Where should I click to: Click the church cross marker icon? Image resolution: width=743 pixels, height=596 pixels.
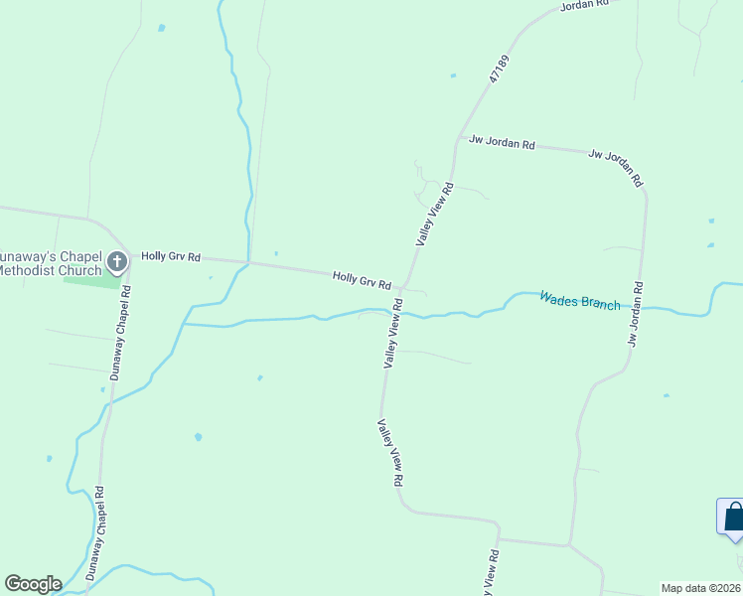click(x=117, y=262)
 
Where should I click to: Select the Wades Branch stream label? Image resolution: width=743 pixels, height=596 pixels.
click(x=579, y=300)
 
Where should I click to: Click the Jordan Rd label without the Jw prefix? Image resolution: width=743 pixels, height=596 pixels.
click(x=583, y=5)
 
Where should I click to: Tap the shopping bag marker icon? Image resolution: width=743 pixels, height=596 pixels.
click(x=733, y=517)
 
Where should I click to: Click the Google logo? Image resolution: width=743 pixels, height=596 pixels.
click(x=33, y=584)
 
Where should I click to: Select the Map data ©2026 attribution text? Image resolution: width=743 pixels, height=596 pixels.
click(x=701, y=588)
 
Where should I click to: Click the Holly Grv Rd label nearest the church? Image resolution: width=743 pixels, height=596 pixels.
click(x=171, y=256)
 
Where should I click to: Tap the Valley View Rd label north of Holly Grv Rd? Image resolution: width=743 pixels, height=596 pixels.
click(x=435, y=215)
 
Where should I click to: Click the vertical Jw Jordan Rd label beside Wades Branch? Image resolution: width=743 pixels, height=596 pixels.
click(x=634, y=314)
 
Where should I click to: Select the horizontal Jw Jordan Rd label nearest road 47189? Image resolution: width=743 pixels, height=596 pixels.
click(x=502, y=143)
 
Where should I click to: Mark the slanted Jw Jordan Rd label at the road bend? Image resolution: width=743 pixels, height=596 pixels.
click(x=616, y=168)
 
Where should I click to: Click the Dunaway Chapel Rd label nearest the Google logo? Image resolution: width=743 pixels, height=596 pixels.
click(x=95, y=533)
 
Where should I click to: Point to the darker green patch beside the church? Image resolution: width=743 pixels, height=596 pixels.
click(x=91, y=281)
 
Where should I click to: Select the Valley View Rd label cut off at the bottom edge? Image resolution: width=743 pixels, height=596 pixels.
click(x=491, y=572)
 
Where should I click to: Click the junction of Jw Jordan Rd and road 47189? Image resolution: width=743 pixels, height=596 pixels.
click(x=456, y=140)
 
